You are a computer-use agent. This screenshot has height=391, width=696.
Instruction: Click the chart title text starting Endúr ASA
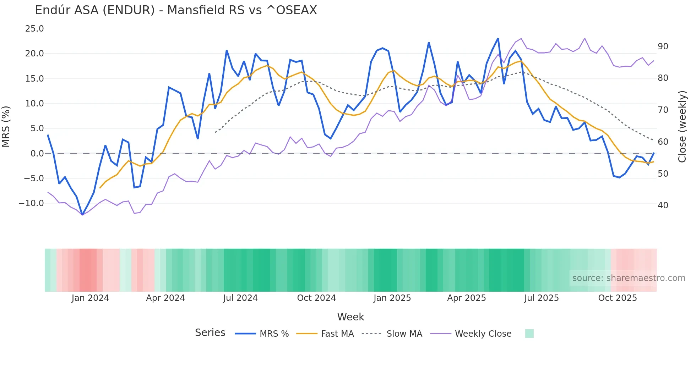coord(176,10)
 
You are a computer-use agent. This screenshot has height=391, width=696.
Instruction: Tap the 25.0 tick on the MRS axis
coord(34,29)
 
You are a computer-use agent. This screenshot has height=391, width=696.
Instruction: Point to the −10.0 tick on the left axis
coord(32,203)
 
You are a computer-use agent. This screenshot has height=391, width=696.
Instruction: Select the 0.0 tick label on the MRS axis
coord(37,154)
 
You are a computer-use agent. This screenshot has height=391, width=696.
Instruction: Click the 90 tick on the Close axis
coord(663,46)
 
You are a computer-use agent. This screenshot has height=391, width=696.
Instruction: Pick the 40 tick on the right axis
coord(663,205)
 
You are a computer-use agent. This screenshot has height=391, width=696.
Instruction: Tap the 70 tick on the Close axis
coord(663,110)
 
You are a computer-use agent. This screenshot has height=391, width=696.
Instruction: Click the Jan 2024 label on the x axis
coord(90,298)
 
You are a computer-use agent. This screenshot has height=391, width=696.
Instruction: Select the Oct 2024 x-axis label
coord(316,298)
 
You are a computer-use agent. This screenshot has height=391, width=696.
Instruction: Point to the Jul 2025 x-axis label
coord(542,298)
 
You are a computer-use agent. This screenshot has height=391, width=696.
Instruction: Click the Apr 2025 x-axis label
coord(466,298)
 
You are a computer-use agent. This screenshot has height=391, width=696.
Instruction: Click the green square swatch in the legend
coord(529,334)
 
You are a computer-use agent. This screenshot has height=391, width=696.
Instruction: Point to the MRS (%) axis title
coord(6,126)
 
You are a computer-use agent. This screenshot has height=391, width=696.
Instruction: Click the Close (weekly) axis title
coord(682,126)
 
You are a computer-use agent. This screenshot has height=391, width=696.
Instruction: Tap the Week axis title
coord(350,317)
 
